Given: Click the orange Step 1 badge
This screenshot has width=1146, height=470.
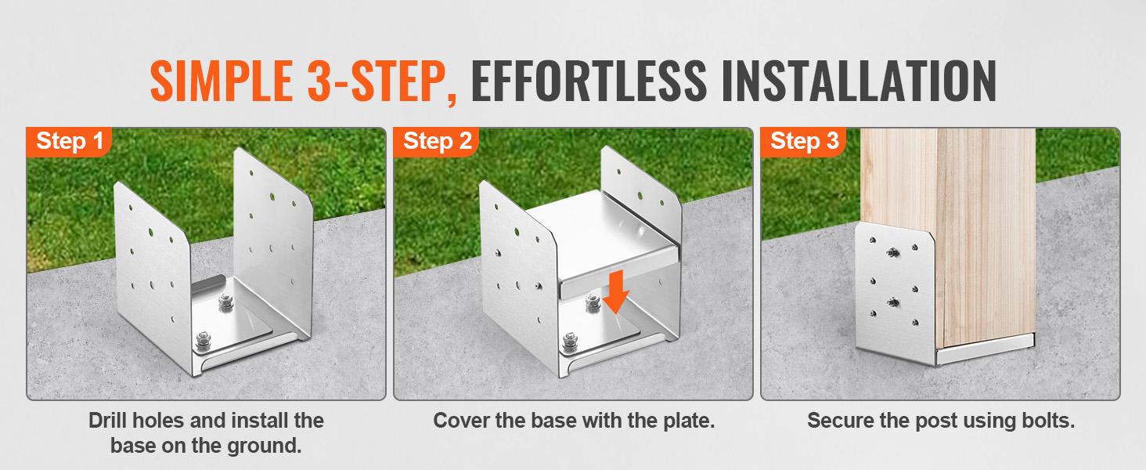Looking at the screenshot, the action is point(69,142).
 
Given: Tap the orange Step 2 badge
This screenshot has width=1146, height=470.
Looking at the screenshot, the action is point(436,142).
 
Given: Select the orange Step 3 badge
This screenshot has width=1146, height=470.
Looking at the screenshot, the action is point(803,142).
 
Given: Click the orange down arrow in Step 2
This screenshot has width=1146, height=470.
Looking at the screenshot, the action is point(617,292).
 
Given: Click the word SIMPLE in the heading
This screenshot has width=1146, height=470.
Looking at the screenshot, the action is point(222,81).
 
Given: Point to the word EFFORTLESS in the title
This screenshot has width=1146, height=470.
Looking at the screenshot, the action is point(589,81).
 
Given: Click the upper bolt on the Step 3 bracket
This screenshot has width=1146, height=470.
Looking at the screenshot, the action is point(893,252).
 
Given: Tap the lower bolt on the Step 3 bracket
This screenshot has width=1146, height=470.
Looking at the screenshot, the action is point(894,302).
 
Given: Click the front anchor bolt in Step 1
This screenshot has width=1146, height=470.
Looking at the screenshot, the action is point(203,341).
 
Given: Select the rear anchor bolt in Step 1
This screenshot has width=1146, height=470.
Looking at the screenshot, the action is point(226,302).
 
